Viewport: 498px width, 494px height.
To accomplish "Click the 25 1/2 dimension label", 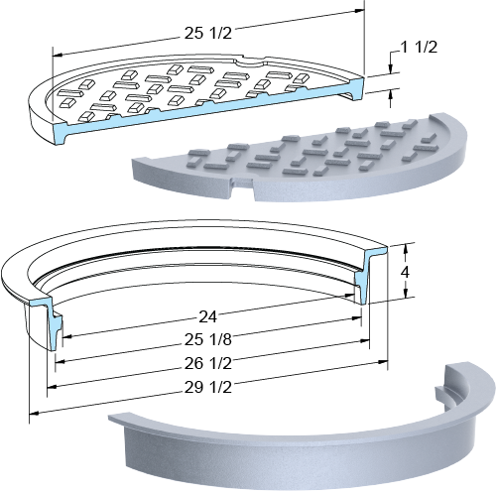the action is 208,34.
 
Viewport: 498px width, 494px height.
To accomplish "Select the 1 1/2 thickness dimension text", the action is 419,48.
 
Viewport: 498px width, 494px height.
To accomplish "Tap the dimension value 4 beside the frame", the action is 405,272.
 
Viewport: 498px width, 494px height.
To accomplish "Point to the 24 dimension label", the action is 207,317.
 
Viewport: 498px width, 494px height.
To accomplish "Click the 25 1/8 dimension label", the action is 208,339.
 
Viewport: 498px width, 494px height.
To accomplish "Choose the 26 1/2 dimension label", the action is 208,363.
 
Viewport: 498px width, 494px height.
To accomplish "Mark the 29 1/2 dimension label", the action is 208,387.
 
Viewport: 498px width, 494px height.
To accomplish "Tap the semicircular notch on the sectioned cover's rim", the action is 251,62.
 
